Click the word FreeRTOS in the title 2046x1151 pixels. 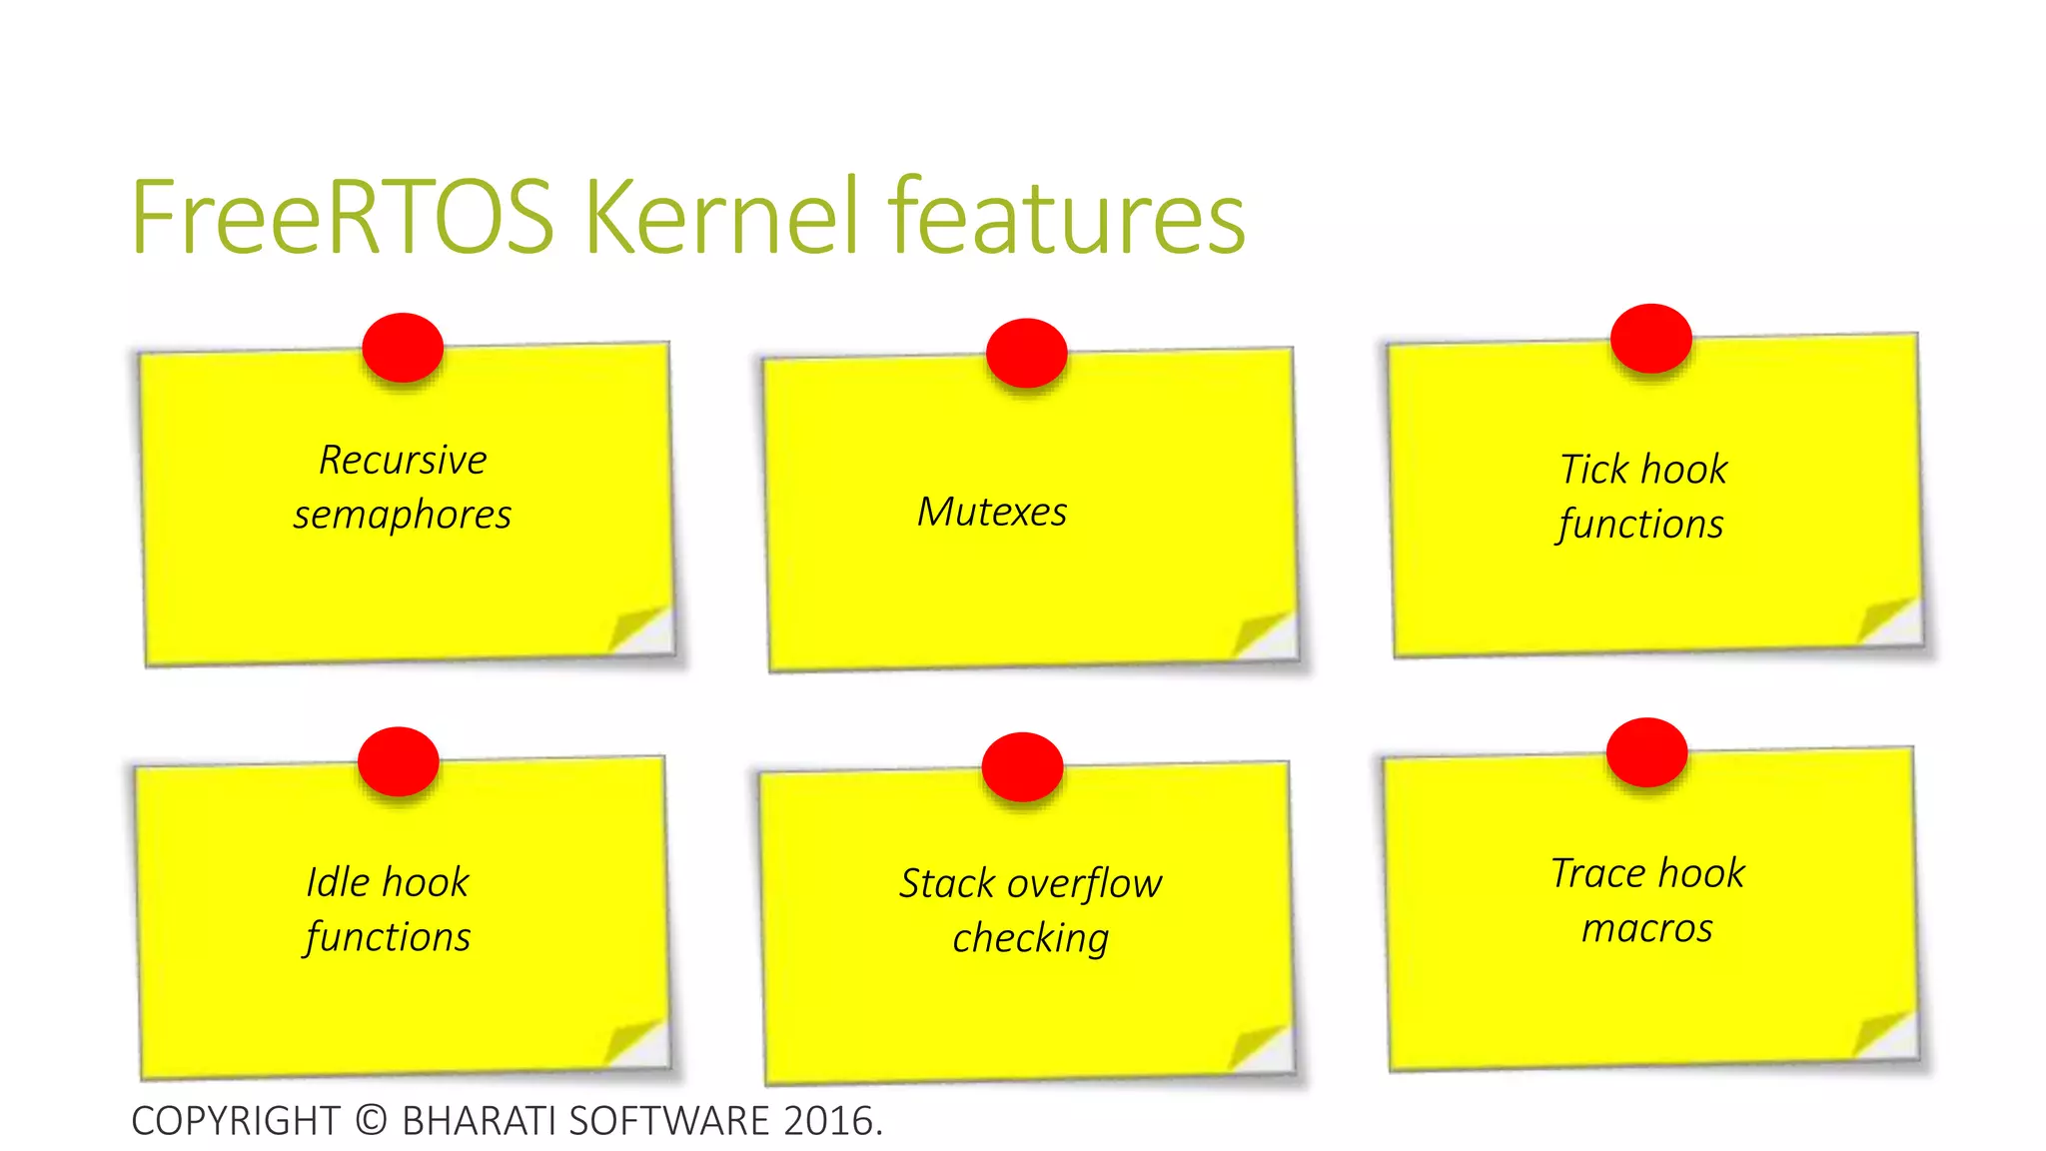(343, 217)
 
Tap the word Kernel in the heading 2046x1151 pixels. (721, 217)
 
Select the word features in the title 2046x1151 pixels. (1067, 217)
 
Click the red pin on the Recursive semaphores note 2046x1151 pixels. (403, 347)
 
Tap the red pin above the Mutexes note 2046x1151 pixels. (1026, 353)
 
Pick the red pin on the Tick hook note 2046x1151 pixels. (1650, 338)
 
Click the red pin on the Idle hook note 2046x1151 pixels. (399, 761)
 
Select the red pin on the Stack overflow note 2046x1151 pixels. (1022, 766)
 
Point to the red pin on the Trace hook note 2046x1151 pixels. (1646, 751)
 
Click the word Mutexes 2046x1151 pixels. (992, 513)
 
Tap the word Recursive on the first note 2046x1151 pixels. (403, 461)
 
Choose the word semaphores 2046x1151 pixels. (403, 516)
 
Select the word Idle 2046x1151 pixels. (338, 882)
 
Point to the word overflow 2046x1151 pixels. (1084, 884)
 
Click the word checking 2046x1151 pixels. (1030, 939)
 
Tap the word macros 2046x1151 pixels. (1647, 929)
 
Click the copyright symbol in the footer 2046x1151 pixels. (371, 1120)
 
